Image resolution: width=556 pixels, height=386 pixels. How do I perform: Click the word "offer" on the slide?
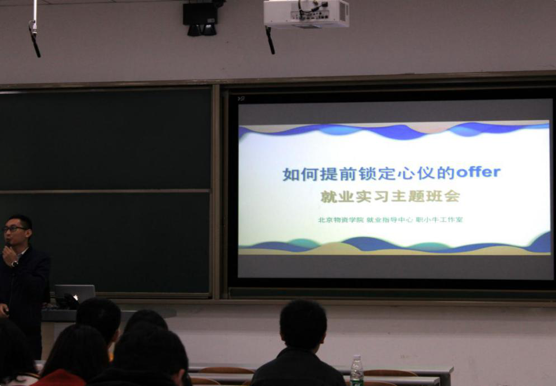pos(478,172)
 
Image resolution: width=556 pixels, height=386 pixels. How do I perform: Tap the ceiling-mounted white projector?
pos(307,13)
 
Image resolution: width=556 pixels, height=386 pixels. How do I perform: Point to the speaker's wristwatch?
pos(14,263)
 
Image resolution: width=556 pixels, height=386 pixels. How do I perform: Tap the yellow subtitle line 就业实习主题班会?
pos(390,196)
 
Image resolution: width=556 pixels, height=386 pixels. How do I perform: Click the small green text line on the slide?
pos(390,220)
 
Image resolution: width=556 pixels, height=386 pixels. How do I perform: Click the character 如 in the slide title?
pos(291,174)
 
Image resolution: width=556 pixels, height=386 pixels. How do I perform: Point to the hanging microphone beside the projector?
pos(270,40)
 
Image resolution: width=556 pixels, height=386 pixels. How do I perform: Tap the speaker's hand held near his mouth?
pos(9,255)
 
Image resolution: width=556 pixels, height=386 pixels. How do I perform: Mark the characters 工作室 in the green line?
pos(451,220)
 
